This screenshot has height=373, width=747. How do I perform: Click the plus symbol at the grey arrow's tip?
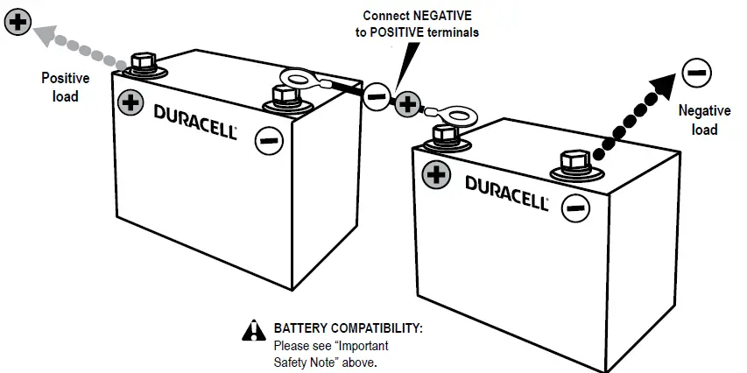click(17, 22)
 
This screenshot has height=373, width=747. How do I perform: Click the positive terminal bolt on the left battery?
click(143, 63)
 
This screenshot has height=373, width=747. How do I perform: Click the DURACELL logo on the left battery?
click(195, 120)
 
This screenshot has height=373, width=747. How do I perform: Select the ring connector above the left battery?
click(297, 82)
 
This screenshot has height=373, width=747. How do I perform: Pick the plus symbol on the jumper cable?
click(406, 105)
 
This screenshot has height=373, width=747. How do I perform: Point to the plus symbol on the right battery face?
click(435, 174)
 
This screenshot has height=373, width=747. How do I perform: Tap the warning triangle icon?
click(253, 329)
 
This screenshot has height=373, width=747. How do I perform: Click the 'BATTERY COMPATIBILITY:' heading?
click(348, 328)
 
